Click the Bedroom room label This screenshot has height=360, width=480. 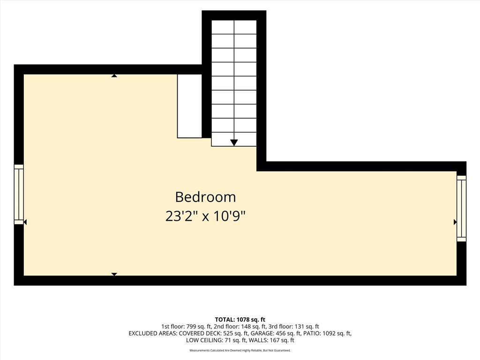click(x=205, y=197)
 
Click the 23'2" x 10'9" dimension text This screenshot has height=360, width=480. click(x=205, y=217)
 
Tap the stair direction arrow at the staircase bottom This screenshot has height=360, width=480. click(x=234, y=142)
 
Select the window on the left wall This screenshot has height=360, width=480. click(x=19, y=195)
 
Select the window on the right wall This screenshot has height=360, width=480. click(x=461, y=208)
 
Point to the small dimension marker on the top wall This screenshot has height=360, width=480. click(x=114, y=75)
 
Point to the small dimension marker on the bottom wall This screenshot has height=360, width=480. click(x=114, y=274)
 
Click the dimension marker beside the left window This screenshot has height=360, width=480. click(x=25, y=222)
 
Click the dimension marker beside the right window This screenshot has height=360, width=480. click(x=455, y=222)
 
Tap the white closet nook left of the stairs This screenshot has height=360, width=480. click(x=189, y=106)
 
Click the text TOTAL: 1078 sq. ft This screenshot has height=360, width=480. click(x=240, y=320)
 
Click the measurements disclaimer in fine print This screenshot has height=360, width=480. click(x=240, y=351)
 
